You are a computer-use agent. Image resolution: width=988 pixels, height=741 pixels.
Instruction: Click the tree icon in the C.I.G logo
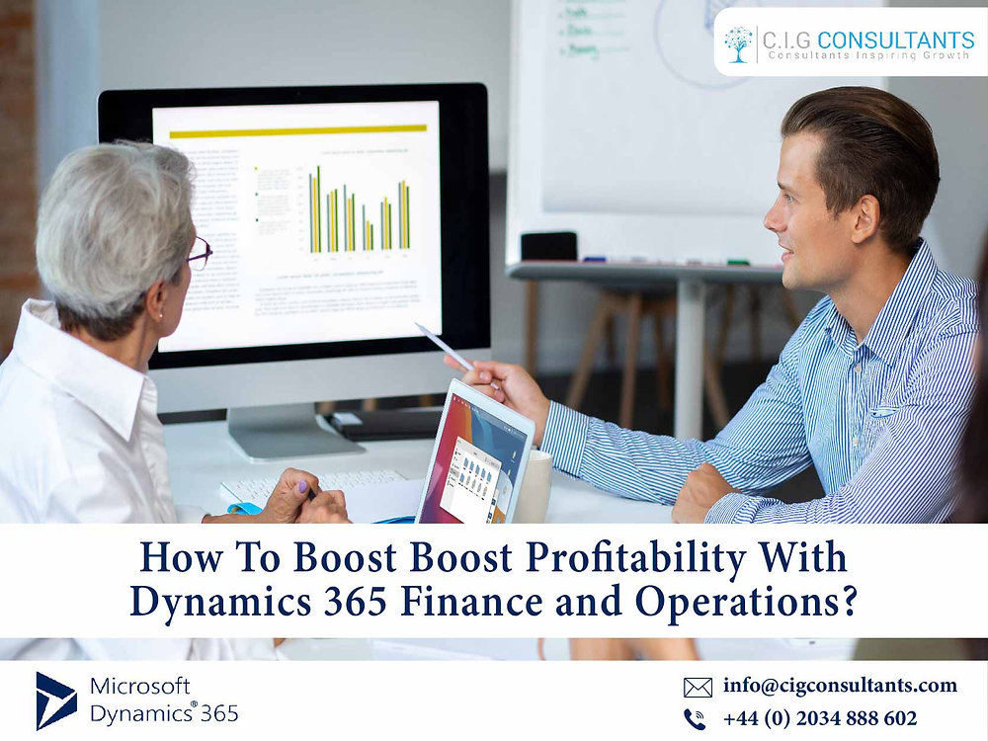[x=737, y=42]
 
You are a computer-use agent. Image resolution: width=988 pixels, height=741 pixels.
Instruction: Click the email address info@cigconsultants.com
[x=840, y=685]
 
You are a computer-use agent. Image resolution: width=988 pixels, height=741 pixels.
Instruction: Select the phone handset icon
[x=697, y=719]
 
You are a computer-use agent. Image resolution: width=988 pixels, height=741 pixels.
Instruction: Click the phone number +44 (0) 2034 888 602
[x=820, y=718]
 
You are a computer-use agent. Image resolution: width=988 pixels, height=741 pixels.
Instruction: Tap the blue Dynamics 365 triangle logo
[x=55, y=700]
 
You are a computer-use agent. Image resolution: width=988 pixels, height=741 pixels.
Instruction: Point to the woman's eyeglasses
[x=200, y=254]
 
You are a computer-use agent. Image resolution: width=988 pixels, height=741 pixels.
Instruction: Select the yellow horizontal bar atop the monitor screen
[x=297, y=131]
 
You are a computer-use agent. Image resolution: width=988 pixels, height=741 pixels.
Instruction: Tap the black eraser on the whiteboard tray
[x=548, y=247]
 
